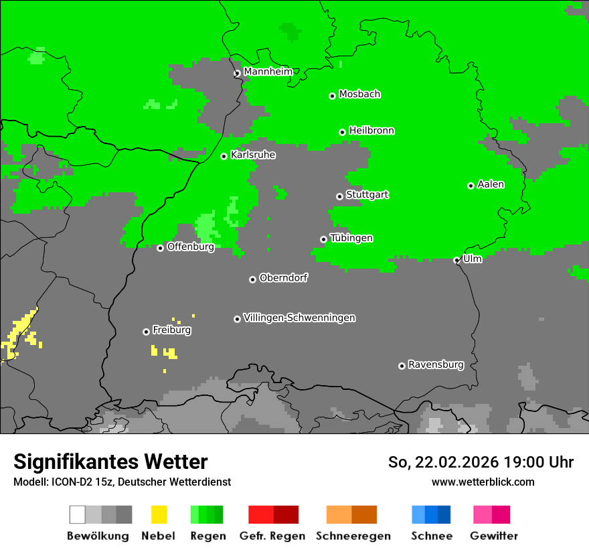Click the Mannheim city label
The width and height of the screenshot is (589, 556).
click(x=269, y=72)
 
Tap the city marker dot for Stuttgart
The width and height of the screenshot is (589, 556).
click(x=339, y=196)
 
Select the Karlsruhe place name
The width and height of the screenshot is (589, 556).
click(x=252, y=155)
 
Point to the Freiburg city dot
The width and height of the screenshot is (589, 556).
click(x=146, y=332)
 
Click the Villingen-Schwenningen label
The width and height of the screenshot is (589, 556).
click(x=299, y=318)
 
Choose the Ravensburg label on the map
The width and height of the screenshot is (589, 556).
click(x=436, y=364)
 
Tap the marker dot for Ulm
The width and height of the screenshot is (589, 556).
click(x=456, y=261)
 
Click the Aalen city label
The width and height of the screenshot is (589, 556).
click(x=491, y=184)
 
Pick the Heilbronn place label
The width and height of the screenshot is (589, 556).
click(x=371, y=131)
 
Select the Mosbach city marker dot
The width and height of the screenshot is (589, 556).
click(x=332, y=96)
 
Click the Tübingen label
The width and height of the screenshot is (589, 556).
click(x=351, y=238)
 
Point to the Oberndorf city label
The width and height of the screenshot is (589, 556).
click(x=283, y=278)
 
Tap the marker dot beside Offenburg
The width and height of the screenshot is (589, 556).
click(x=160, y=248)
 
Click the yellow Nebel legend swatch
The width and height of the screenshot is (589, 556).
click(x=159, y=514)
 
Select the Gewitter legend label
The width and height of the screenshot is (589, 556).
click(x=493, y=536)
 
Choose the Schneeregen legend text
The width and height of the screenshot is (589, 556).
click(x=353, y=536)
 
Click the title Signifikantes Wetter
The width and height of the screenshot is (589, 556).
click(x=110, y=462)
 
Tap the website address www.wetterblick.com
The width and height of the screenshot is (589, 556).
click(x=483, y=482)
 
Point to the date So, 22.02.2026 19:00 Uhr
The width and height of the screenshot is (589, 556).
click(x=481, y=462)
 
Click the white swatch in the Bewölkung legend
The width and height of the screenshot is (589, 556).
click(x=78, y=514)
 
